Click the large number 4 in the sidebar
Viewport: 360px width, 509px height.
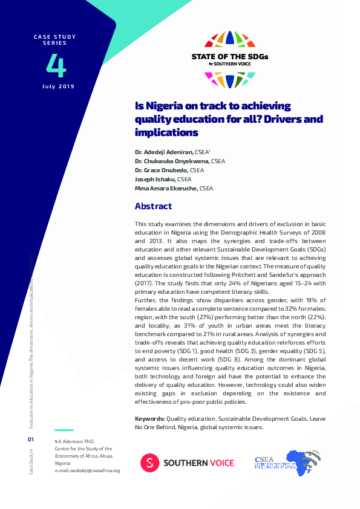pyautogui.click(x=56, y=66)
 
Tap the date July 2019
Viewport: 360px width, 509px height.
pyautogui.click(x=58, y=87)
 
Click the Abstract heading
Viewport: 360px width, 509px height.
pyautogui.click(x=153, y=206)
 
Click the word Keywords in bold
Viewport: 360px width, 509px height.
pyautogui.click(x=149, y=418)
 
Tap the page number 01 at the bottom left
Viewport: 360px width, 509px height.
pyautogui.click(x=31, y=439)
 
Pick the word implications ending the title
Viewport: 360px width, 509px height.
pyautogui.click(x=166, y=132)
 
